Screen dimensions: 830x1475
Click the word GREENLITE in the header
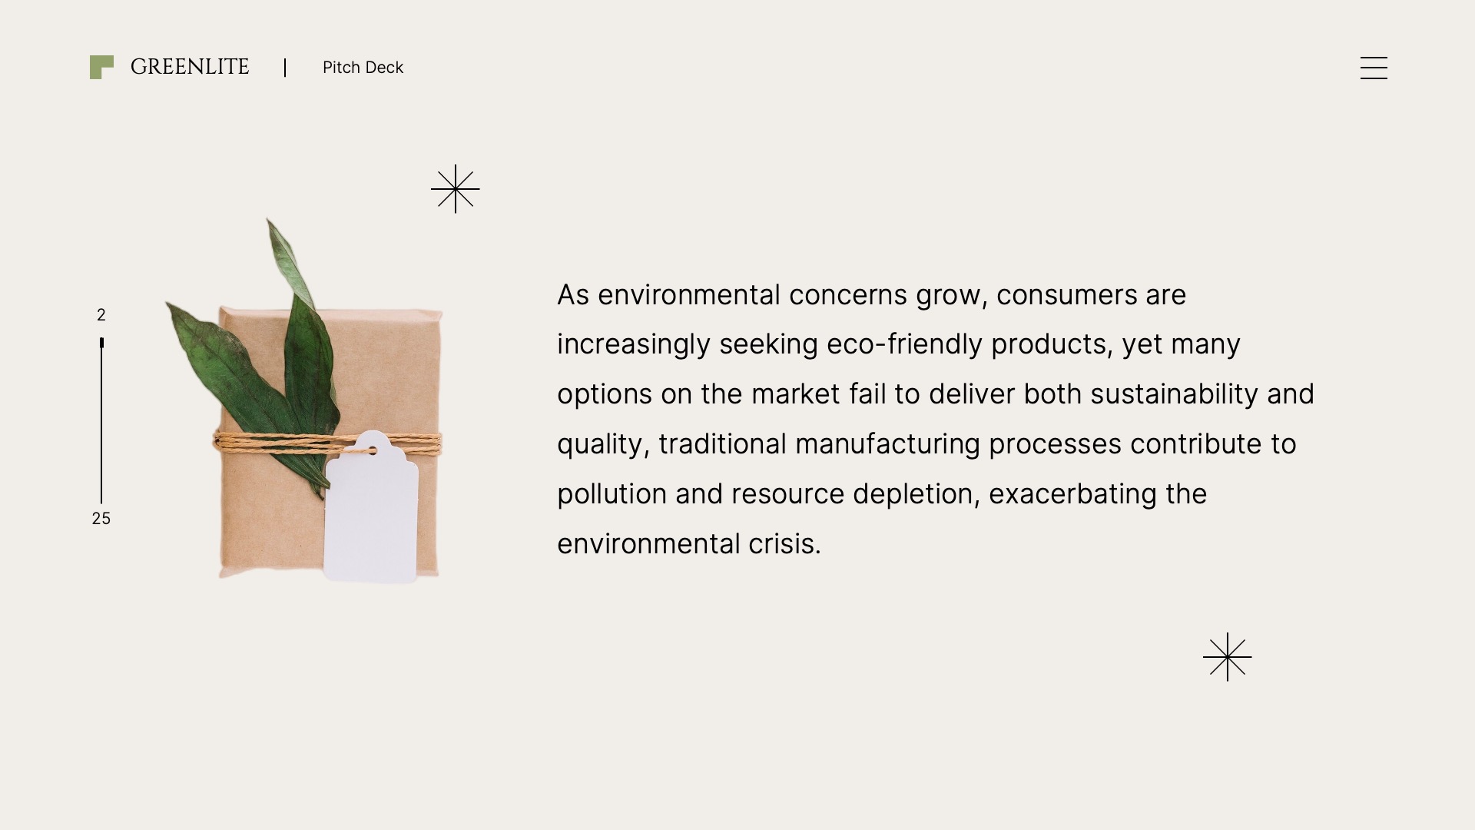(190, 67)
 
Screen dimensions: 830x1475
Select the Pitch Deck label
(363, 68)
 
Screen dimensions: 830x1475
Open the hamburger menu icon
(1374, 68)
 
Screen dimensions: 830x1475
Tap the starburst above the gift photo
(456, 189)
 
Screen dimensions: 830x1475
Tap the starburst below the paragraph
(1228, 657)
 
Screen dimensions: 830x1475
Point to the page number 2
(101, 315)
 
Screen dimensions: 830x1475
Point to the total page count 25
(101, 519)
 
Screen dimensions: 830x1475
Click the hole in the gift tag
(373, 450)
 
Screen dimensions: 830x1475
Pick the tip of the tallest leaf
(269, 221)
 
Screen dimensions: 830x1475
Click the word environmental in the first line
(688, 295)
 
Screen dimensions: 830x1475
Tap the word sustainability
(1174, 394)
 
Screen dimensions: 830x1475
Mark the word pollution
(612, 494)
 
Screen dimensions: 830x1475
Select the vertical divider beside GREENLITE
(285, 68)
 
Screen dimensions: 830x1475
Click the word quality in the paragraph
(599, 444)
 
